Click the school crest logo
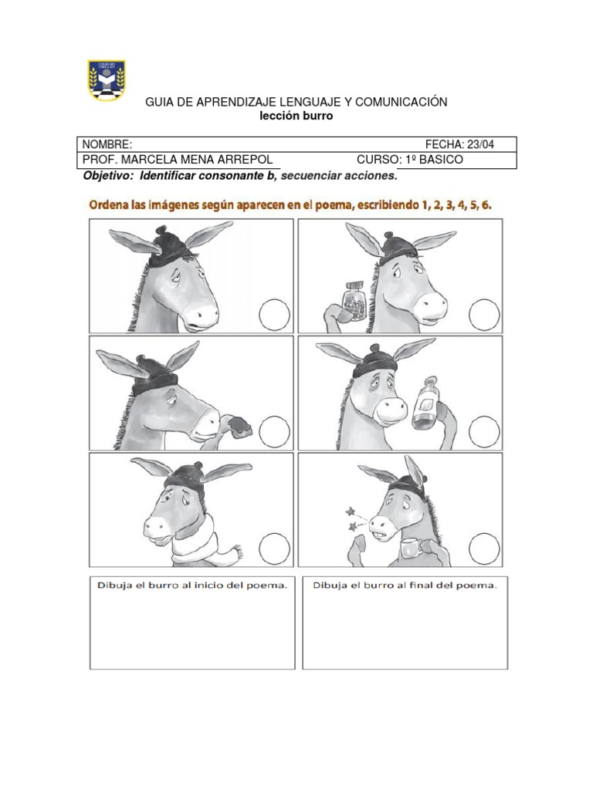[107, 80]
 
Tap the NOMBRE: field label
[107, 145]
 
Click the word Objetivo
[107, 176]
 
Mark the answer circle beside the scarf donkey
[276, 549]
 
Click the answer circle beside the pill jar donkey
[485, 316]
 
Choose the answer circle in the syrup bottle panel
[485, 430]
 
